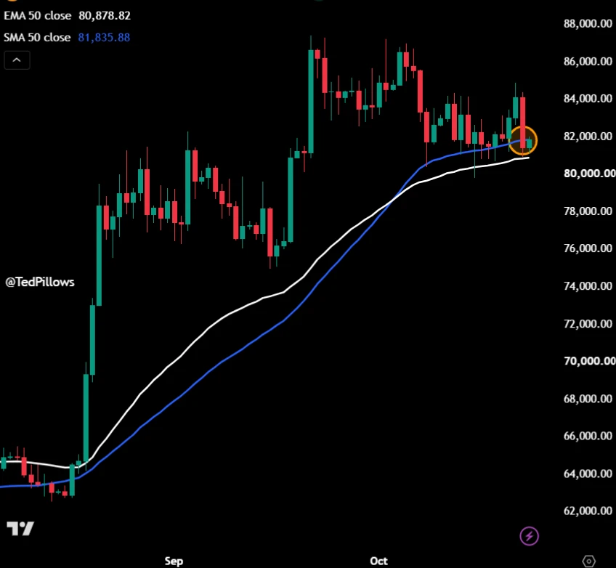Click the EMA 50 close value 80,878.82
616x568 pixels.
[x=105, y=16]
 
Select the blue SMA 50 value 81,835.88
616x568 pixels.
[x=104, y=38]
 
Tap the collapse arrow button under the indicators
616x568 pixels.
[x=17, y=60]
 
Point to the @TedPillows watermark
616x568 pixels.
[x=40, y=282]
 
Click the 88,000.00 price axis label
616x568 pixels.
[x=588, y=23]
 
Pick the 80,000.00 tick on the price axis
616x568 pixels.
[x=589, y=173]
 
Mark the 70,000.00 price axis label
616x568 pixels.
[x=589, y=360]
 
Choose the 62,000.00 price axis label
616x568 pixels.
[x=588, y=511]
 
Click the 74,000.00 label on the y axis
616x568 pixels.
[x=588, y=285]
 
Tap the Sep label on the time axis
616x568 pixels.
[x=174, y=561]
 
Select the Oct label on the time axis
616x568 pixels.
[x=378, y=561]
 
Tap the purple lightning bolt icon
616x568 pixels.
[x=529, y=536]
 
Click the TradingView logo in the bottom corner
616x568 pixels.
[x=20, y=529]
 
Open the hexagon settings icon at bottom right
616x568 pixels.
[x=588, y=561]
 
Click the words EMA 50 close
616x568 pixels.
[x=38, y=16]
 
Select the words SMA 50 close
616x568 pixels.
[x=37, y=38]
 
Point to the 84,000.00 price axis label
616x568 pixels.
[x=588, y=98]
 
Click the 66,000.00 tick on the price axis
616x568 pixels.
[x=588, y=436]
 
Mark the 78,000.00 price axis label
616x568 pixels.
[x=588, y=211]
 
